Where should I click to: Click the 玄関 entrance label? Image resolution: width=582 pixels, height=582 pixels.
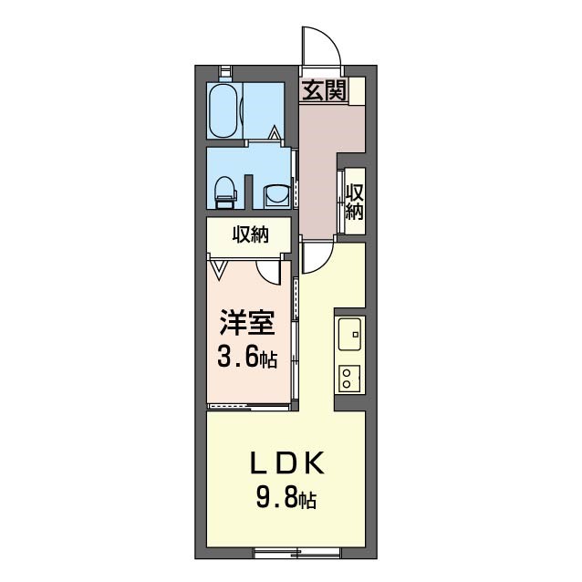pos(324,90)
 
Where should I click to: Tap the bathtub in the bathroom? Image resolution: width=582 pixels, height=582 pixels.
pos(223,110)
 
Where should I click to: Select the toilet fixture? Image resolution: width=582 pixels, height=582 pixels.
pos(226,192)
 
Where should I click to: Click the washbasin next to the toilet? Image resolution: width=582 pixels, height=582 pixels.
pos(276,195)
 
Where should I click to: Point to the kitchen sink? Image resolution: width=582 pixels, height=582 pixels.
pos(349,334)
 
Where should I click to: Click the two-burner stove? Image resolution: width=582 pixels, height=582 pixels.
pos(349,379)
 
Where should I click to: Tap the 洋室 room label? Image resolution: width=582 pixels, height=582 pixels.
pos(247,323)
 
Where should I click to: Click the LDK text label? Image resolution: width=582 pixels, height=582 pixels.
pos(287,462)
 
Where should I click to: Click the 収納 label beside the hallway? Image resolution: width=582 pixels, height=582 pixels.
pos(355,202)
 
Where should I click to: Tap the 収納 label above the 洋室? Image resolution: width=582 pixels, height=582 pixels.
pos(251,234)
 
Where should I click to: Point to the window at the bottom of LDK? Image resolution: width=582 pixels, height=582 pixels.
pos(296,553)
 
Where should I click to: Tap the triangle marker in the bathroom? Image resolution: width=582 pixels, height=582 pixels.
pos(275,132)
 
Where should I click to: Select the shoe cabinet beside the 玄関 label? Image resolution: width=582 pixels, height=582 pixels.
pos(357,90)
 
